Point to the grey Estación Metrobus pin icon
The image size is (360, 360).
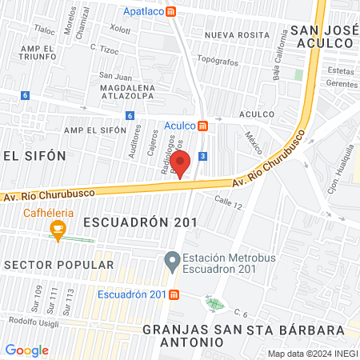click(x=171, y=261)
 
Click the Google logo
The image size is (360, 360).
click(x=26, y=350)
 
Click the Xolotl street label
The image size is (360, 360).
click(x=120, y=30)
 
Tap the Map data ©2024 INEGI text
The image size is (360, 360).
click(x=312, y=353)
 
